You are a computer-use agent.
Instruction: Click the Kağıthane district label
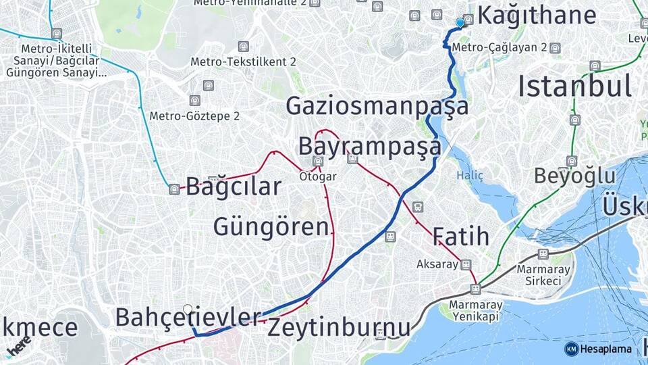coord(537,16)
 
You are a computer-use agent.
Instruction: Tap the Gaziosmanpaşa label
coord(377,106)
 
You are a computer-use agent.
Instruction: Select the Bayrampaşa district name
coord(369,146)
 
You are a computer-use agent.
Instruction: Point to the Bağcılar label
coord(233,186)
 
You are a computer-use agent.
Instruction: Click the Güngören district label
coord(271,226)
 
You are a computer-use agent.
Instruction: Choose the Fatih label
coord(460,237)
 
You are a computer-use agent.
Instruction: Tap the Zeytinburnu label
coord(339,328)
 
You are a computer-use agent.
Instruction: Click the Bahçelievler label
coord(188,316)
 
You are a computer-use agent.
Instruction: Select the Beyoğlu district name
coord(574,176)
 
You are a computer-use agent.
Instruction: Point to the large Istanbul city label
coord(574,87)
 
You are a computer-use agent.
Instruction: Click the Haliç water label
coord(470,176)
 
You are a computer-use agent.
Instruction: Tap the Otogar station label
coord(318,176)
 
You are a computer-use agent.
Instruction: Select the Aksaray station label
coord(437,264)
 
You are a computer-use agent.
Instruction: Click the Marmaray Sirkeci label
coord(543,274)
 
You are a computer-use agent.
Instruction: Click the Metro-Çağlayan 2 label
coord(499,48)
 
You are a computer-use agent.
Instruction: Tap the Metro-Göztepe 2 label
coord(194,116)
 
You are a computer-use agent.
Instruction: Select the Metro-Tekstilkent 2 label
coord(243,62)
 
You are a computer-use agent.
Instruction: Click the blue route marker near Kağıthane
coord(460,23)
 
